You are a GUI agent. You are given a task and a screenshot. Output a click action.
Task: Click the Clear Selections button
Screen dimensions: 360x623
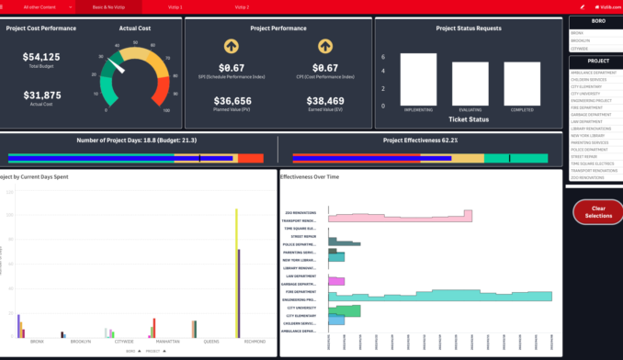598,211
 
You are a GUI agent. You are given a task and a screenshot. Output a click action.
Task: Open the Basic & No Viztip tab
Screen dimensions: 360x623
110,6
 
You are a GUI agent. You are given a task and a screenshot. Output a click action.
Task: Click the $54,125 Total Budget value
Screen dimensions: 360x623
41,57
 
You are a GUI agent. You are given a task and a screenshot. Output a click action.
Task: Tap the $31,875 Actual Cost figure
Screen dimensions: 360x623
41,95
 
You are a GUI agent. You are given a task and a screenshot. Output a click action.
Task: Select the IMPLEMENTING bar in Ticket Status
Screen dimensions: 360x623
418,82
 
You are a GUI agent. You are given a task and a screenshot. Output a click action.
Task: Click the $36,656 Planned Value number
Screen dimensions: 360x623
232,101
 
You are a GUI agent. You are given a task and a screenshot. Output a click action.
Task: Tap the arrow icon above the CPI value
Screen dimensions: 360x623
324,46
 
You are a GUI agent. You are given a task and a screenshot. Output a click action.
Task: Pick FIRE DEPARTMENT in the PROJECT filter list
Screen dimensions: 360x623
587,106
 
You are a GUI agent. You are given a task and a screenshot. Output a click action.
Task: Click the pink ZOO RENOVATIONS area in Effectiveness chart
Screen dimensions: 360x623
395,217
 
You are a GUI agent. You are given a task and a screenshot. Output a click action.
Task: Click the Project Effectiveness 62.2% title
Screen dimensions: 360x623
420,141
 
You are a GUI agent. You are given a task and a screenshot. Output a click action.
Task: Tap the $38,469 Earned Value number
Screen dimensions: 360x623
324,101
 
